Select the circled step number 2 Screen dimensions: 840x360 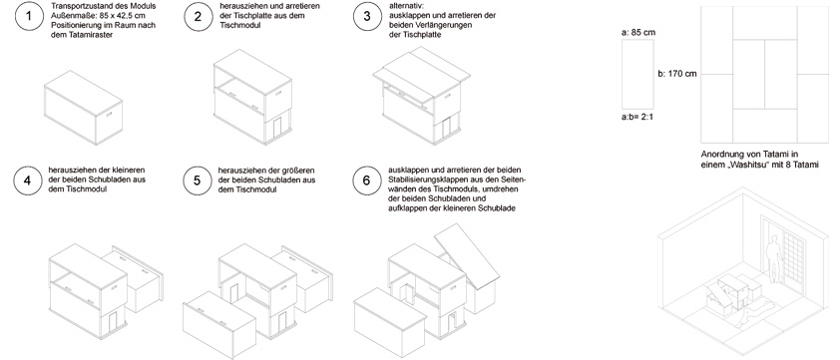point(198,16)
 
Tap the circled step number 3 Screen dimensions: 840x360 point(366,16)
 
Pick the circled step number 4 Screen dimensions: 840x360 point(27,180)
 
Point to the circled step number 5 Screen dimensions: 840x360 point(197,180)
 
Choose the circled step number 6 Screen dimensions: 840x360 point(366,180)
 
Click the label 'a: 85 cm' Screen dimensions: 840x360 point(638,33)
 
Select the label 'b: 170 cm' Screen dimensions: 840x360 point(677,74)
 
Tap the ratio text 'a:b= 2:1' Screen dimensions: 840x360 point(638,117)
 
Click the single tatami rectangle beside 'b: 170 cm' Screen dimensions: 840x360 point(637,74)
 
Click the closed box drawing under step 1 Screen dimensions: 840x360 point(83,108)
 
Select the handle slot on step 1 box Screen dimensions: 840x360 point(109,115)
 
